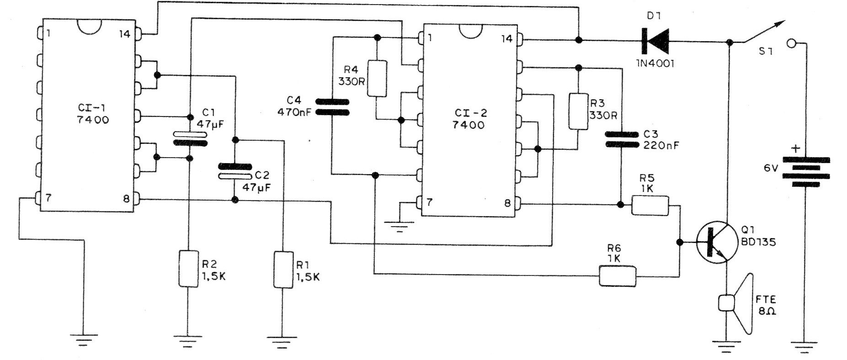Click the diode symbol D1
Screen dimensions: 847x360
[655, 41]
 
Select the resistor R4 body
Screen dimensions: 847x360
[377, 79]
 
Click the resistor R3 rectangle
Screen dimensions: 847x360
[578, 111]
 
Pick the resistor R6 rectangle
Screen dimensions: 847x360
[617, 276]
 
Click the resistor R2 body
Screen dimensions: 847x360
[187, 269]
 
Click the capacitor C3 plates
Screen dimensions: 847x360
[621, 139]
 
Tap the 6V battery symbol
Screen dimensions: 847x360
[805, 172]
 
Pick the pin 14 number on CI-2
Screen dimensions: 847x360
[506, 39]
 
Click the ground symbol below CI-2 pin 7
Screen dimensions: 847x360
[400, 226]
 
